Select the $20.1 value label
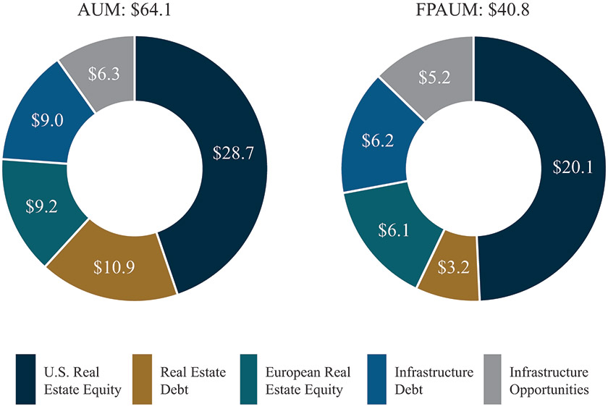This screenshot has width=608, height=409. coord(573,167)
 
